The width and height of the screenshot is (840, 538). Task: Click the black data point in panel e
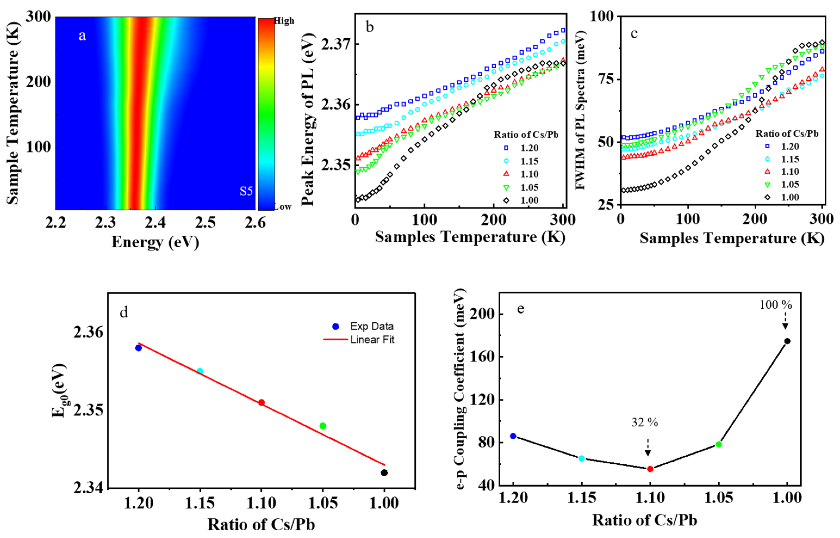787,341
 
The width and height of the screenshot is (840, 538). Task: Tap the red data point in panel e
650,469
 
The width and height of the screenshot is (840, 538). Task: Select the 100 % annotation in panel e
775,305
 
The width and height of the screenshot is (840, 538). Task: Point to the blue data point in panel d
139,348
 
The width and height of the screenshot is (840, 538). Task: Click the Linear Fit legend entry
372,340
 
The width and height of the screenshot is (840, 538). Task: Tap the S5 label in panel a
246,191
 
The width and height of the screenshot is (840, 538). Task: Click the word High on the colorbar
284,21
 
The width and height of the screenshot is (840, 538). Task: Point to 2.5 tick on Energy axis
205,222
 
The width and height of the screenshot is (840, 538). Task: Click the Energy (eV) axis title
155,242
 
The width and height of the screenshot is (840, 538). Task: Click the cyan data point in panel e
582,458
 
